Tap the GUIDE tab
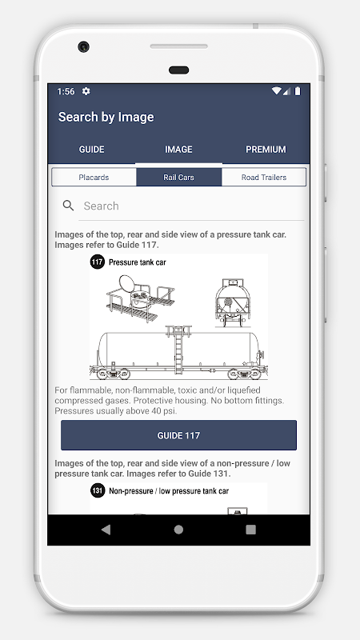pos(91,150)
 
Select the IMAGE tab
pos(178,150)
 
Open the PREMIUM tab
pos(266,150)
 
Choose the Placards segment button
pos(94,177)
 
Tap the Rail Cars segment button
pos(178,177)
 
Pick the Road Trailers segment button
pos(264,177)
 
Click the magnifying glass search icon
pos(68,206)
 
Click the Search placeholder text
pos(102,206)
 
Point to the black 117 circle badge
pos(98,262)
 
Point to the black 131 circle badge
pos(98,490)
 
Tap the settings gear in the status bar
pos(86,91)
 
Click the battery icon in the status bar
pos(298,91)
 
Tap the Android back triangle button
pos(106,530)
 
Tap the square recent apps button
pos(250,530)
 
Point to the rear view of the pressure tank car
pos(233,302)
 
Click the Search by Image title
pos(106,117)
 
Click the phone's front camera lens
pos(84,46)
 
